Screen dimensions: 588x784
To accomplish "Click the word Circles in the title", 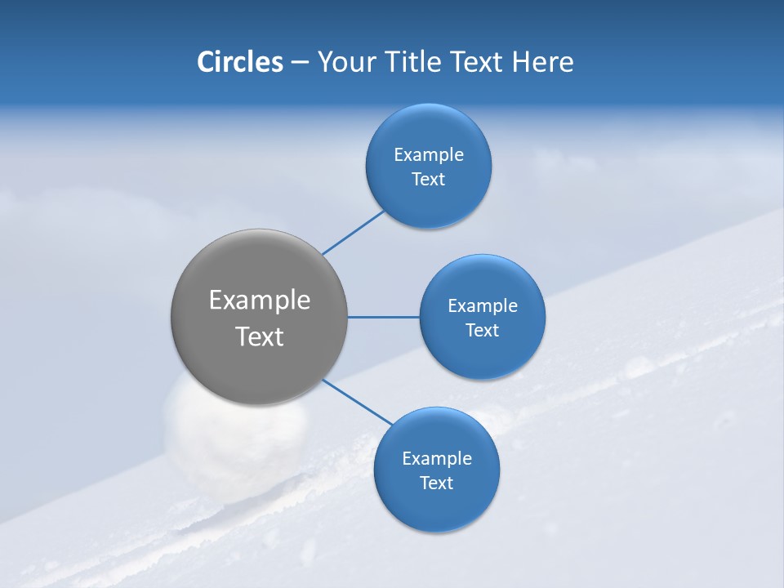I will [239, 62].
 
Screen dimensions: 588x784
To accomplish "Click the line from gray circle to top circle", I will [353, 232].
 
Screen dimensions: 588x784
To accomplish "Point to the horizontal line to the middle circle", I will [383, 317].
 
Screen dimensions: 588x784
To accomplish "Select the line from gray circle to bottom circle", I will [358, 402].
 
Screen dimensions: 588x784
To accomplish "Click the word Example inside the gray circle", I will [259, 301].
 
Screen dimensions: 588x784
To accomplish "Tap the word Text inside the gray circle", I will [259, 336].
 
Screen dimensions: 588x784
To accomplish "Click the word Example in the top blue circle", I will [428, 154].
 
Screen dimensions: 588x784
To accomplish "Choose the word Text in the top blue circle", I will [428, 180].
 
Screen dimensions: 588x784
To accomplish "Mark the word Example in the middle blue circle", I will [482, 305].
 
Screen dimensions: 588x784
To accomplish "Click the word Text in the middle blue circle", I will [482, 331].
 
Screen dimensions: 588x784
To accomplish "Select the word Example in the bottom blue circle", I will [436, 458].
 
